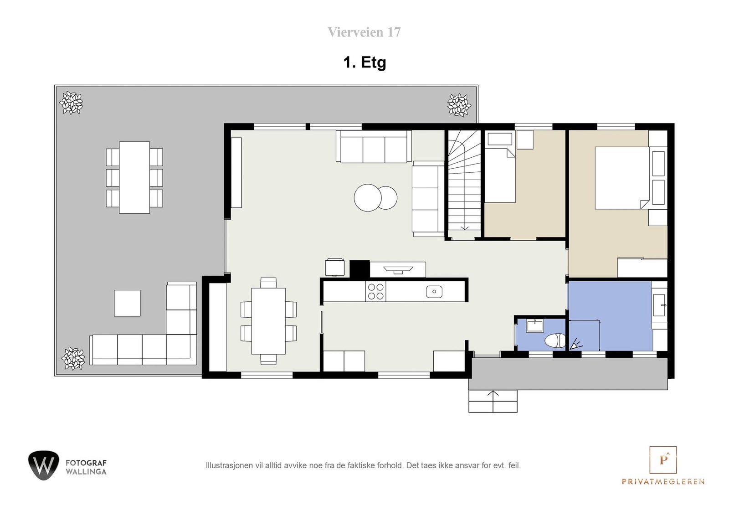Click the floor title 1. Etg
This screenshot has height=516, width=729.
coord(364,62)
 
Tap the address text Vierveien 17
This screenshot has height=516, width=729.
coord(364,32)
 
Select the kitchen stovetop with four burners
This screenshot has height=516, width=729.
coord(375,292)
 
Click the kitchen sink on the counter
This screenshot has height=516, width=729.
coord(434,291)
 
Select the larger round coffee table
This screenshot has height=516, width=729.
coord(367,197)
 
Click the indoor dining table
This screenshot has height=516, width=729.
coord(268,321)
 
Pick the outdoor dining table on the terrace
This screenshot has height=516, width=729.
coord(134,177)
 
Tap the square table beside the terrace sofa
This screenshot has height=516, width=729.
coord(127,303)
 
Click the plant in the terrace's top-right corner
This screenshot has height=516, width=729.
coord(459,105)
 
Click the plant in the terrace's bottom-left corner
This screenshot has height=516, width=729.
coord(73,358)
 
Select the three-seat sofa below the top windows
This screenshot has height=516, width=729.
coord(374,147)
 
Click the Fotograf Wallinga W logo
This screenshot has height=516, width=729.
coord(43,465)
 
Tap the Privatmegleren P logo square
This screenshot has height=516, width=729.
coord(662,459)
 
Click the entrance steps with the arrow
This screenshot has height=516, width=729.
coord(493,401)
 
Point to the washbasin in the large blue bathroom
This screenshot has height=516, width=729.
coord(659,305)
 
